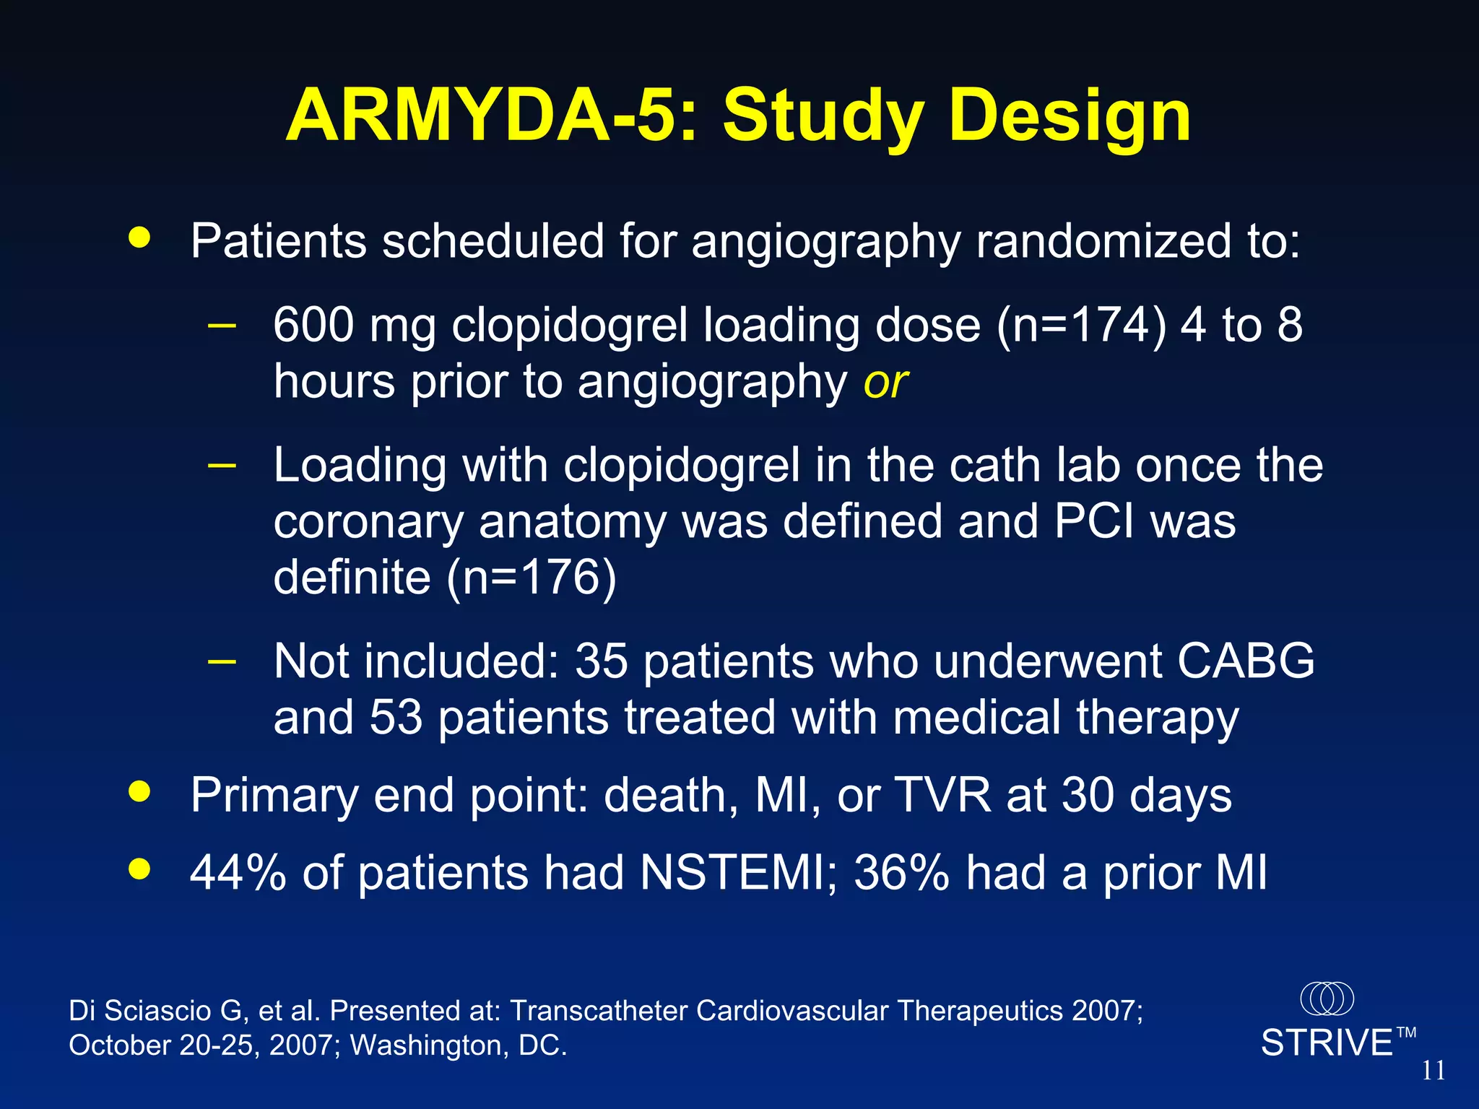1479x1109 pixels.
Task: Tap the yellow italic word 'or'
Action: (885, 382)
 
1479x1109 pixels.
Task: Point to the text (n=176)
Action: (532, 577)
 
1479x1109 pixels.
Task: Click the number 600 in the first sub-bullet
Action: (313, 325)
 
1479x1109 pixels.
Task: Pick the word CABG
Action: (1246, 660)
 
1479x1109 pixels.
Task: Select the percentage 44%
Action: (238, 872)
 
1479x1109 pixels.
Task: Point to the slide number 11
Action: (1433, 1070)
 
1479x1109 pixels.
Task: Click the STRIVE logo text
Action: (1327, 1043)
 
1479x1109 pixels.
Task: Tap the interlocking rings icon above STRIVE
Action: (1327, 999)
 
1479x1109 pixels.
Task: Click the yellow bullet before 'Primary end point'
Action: (139, 791)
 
